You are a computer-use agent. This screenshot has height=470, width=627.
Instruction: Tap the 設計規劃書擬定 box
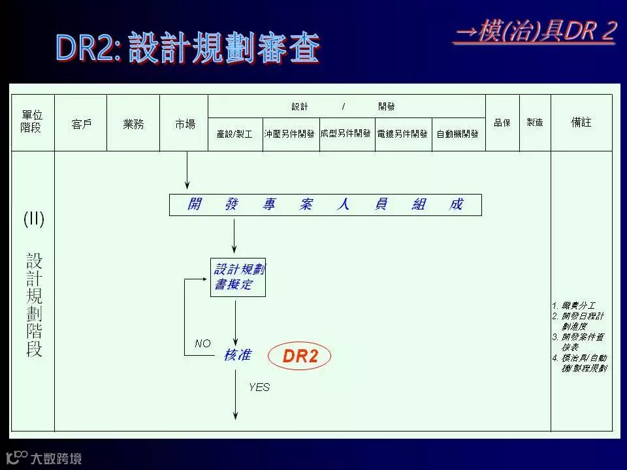tap(238, 277)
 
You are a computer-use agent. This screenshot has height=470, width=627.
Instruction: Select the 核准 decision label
tap(236, 355)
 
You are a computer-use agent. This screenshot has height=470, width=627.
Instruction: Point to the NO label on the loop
tap(203, 343)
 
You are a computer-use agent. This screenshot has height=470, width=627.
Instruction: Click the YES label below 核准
tap(259, 387)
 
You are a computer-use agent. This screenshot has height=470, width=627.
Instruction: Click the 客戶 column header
tap(81, 124)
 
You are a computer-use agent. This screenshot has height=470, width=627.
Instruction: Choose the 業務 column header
tap(133, 124)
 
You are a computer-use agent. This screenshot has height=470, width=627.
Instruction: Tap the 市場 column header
tap(185, 124)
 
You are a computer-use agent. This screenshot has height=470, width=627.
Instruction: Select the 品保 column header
tap(502, 123)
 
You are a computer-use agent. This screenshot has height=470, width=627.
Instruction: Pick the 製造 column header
tap(535, 123)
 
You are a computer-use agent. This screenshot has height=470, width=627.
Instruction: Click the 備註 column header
tap(581, 123)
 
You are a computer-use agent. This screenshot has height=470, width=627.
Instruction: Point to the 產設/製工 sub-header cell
tap(234, 134)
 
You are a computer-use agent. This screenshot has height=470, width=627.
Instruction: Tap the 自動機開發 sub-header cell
tap(457, 134)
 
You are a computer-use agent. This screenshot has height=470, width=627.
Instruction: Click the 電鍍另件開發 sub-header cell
tap(402, 134)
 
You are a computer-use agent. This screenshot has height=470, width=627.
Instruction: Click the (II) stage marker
tap(34, 219)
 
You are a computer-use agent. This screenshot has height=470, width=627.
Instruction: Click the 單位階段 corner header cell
tap(32, 123)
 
